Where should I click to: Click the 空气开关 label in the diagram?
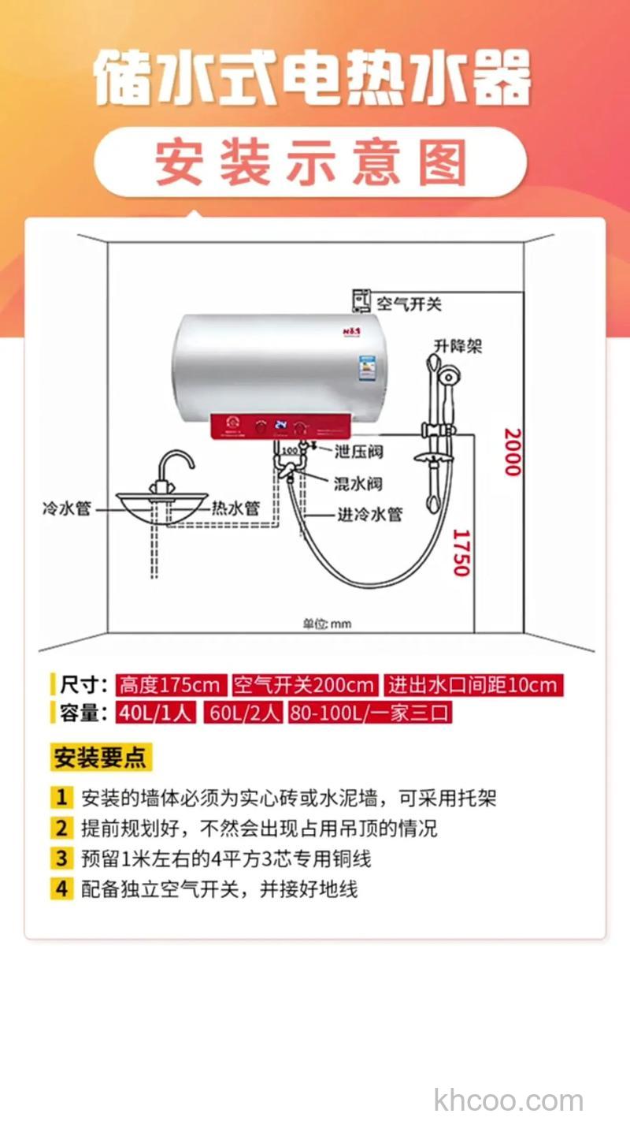pyautogui.click(x=409, y=304)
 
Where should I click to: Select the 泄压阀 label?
pyautogui.click(x=358, y=452)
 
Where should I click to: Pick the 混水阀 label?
pyautogui.click(x=358, y=482)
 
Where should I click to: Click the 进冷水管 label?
pyautogui.click(x=370, y=514)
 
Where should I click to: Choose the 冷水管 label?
pyautogui.click(x=66, y=508)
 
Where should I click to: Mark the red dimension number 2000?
pyautogui.click(x=513, y=452)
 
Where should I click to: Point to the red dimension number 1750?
pyautogui.click(x=461, y=552)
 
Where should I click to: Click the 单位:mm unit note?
pyautogui.click(x=327, y=624)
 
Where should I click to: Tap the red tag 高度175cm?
pyautogui.click(x=171, y=684)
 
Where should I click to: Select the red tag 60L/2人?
pyautogui.click(x=244, y=713)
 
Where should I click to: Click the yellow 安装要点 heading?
pyautogui.click(x=100, y=758)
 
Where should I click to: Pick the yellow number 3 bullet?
pyautogui.click(x=61, y=858)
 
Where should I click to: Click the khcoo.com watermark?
pyautogui.click(x=508, y=1100)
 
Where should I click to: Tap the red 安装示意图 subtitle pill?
pyautogui.click(x=311, y=162)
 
